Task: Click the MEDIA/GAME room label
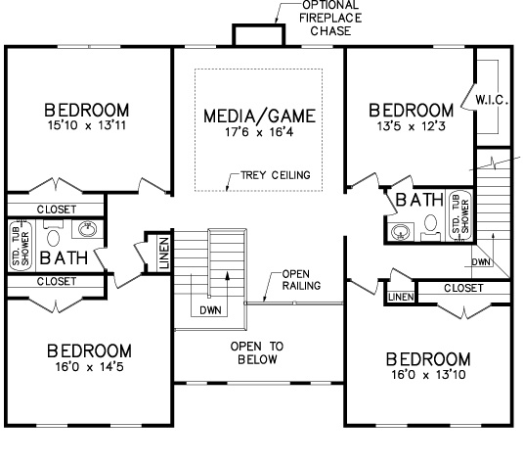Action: pos(259,116)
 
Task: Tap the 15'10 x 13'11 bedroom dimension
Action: pos(87,125)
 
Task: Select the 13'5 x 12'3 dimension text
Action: pos(411,126)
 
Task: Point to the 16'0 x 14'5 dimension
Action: pos(89,367)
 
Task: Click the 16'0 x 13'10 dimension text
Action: pos(428,375)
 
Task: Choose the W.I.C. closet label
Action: pos(492,100)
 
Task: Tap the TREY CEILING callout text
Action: pos(276,175)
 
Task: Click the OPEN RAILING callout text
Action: pos(301,280)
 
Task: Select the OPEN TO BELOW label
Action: pos(257,352)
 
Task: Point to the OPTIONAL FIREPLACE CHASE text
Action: pos(330,19)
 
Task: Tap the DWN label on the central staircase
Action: pos(210,310)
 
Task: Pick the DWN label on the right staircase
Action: pos(481,262)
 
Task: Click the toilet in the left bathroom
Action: pos(53,234)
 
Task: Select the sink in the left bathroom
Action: pos(88,229)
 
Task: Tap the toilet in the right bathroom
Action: pos(430,227)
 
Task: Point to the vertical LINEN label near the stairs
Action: pos(164,254)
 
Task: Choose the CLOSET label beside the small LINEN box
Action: pos(463,288)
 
